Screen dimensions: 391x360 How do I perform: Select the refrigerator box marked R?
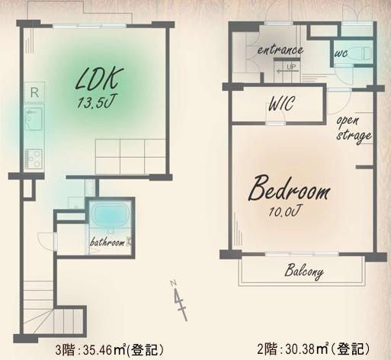[x=34, y=92]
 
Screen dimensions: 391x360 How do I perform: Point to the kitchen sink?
[x=34, y=119]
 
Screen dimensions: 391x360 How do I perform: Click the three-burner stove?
[x=34, y=159]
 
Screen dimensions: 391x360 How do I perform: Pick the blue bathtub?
[x=110, y=214]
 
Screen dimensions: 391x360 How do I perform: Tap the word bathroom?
[x=107, y=242]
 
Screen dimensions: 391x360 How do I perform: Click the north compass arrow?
[x=180, y=300]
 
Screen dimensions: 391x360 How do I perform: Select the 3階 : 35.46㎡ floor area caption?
[x=109, y=350]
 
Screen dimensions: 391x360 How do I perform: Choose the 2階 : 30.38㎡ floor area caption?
[x=313, y=349]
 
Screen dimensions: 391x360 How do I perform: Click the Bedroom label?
[x=289, y=188]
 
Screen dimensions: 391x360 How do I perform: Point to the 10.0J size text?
[x=284, y=211]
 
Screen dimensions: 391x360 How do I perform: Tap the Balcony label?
[x=304, y=272]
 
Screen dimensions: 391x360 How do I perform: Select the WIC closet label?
[x=281, y=103]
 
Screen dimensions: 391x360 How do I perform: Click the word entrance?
[x=280, y=50]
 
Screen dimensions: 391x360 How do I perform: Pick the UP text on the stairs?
[x=291, y=67]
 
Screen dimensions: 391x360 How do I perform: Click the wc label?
[x=341, y=53]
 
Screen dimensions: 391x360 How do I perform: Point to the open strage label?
[x=354, y=129]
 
